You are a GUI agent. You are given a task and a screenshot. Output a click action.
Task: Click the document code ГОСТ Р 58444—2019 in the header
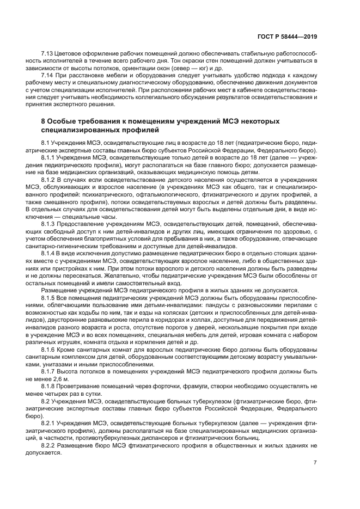286,36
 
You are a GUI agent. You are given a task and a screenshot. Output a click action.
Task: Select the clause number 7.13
48,56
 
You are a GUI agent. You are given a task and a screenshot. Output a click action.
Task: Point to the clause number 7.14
48,75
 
